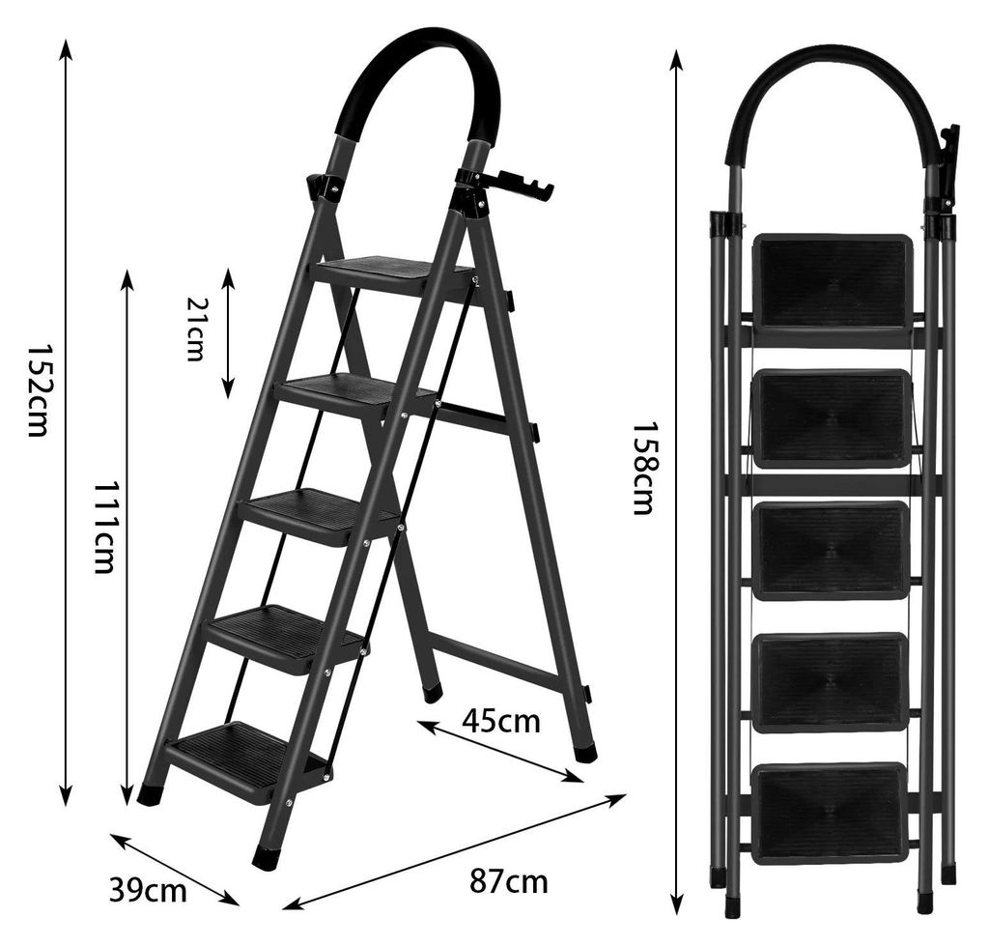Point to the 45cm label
(x=501, y=721)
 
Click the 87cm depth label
(x=508, y=881)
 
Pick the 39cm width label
(x=148, y=891)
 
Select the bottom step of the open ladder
(x=249, y=753)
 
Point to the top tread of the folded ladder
(x=832, y=282)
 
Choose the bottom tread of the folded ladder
(x=830, y=811)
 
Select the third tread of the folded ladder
(x=831, y=550)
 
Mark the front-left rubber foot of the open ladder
(x=268, y=857)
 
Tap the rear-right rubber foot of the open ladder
(x=586, y=751)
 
